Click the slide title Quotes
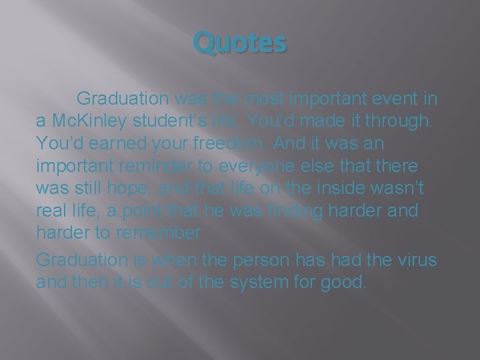pyautogui.click(x=240, y=45)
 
